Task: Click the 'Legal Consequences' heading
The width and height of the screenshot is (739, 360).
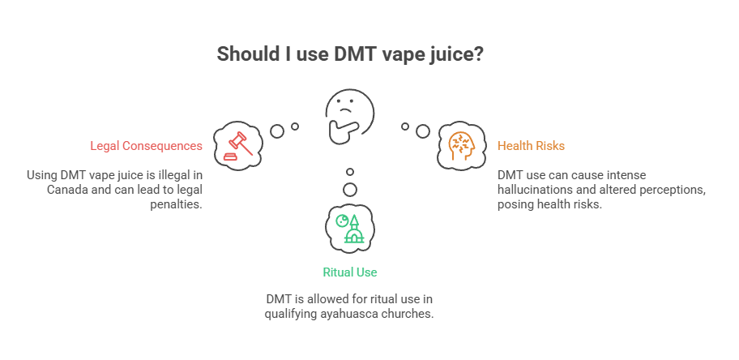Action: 147,146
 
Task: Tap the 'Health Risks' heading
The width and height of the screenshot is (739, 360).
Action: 531,146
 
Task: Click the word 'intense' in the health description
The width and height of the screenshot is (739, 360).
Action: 622,175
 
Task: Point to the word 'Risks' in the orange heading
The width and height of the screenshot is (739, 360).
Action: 549,146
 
